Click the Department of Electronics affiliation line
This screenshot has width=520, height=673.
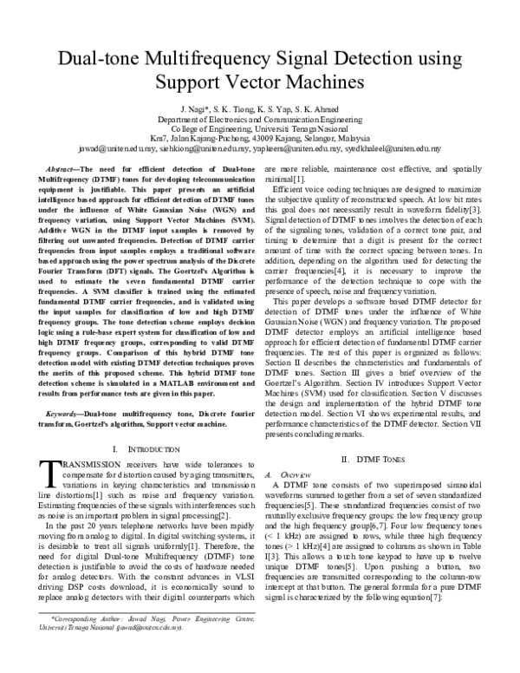coord(260,119)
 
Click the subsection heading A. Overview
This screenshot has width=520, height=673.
coord(304,474)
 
